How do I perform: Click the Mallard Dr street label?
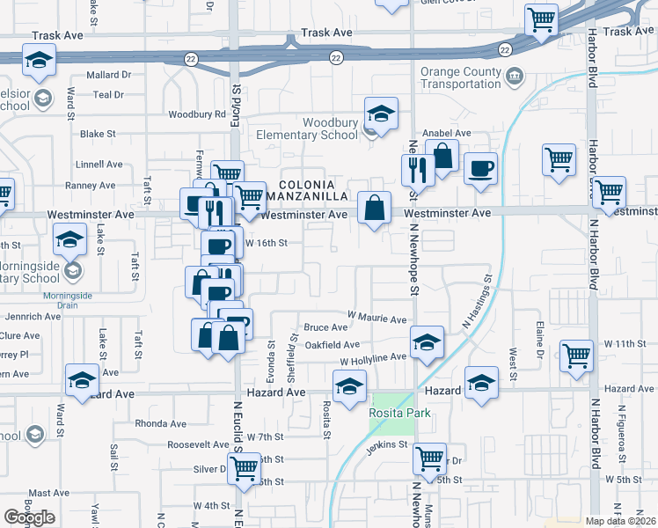tap(109, 76)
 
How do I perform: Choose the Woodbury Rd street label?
tap(197, 114)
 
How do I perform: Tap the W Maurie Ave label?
tap(377, 317)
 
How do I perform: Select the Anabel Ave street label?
tap(448, 134)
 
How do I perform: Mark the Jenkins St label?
tap(387, 445)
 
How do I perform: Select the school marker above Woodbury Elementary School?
tap(381, 114)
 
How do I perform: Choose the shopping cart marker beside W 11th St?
tap(577, 356)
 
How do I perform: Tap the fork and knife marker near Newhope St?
tap(416, 169)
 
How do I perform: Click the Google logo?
tap(29, 517)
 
